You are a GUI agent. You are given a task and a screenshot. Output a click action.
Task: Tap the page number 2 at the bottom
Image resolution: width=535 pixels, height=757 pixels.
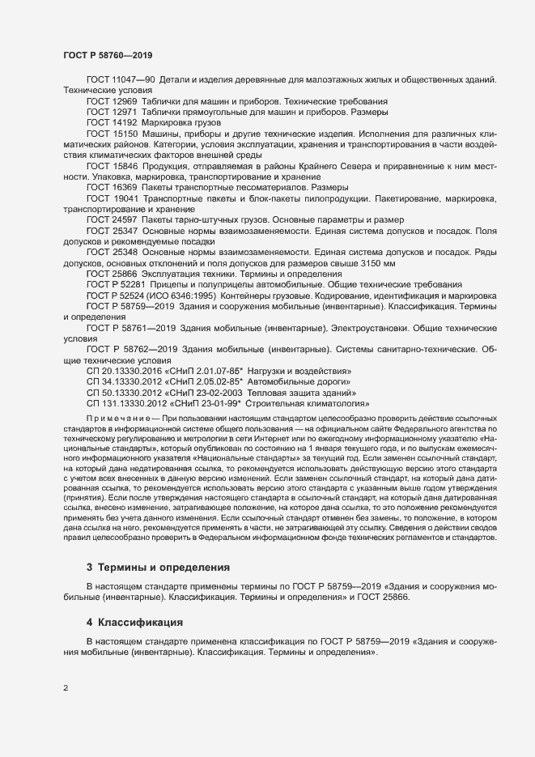pos(66,688)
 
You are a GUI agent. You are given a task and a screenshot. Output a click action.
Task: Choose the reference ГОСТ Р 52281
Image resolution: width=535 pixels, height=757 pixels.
pos(115,285)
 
